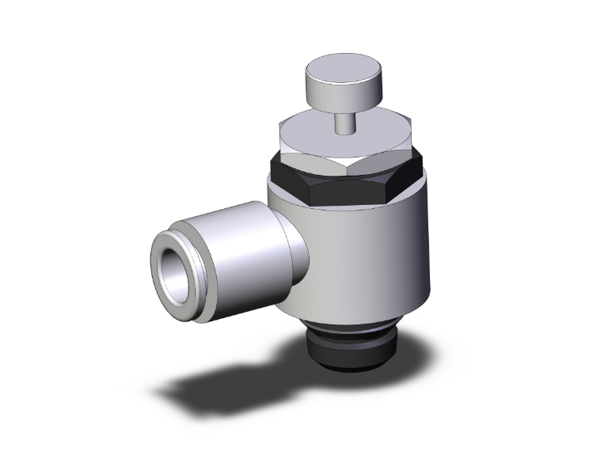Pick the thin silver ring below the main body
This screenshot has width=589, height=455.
(x=348, y=326)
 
